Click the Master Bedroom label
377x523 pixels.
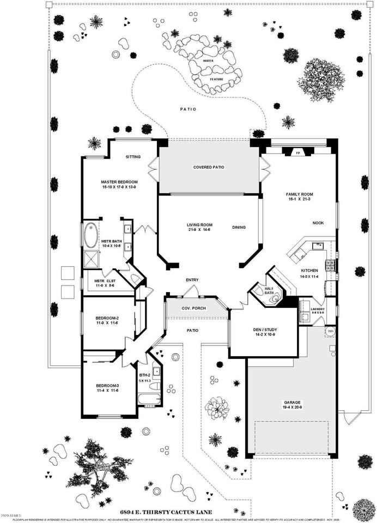(x=119, y=181)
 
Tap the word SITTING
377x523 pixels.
(x=133, y=157)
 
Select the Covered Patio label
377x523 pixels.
(x=209, y=167)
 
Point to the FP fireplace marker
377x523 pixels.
(x=298, y=154)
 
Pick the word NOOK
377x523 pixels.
(x=318, y=223)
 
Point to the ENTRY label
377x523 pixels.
(x=192, y=280)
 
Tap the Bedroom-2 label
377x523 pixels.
(x=107, y=318)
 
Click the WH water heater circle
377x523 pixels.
(x=330, y=332)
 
